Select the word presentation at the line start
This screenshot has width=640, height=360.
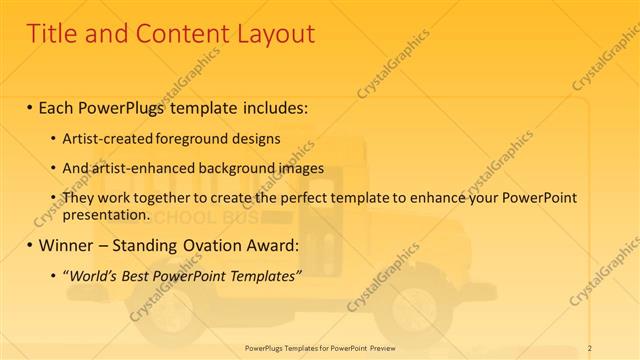click(x=107, y=214)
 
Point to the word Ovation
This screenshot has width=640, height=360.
click(x=212, y=244)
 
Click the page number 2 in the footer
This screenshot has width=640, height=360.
click(x=590, y=347)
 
